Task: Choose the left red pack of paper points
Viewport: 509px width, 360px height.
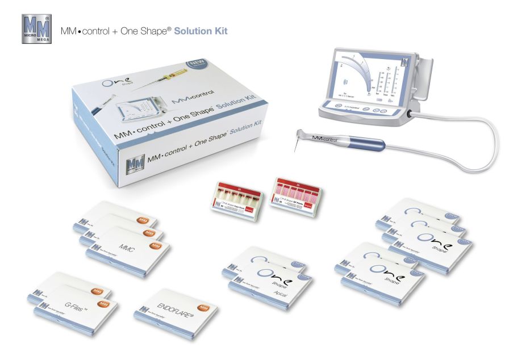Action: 234,195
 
